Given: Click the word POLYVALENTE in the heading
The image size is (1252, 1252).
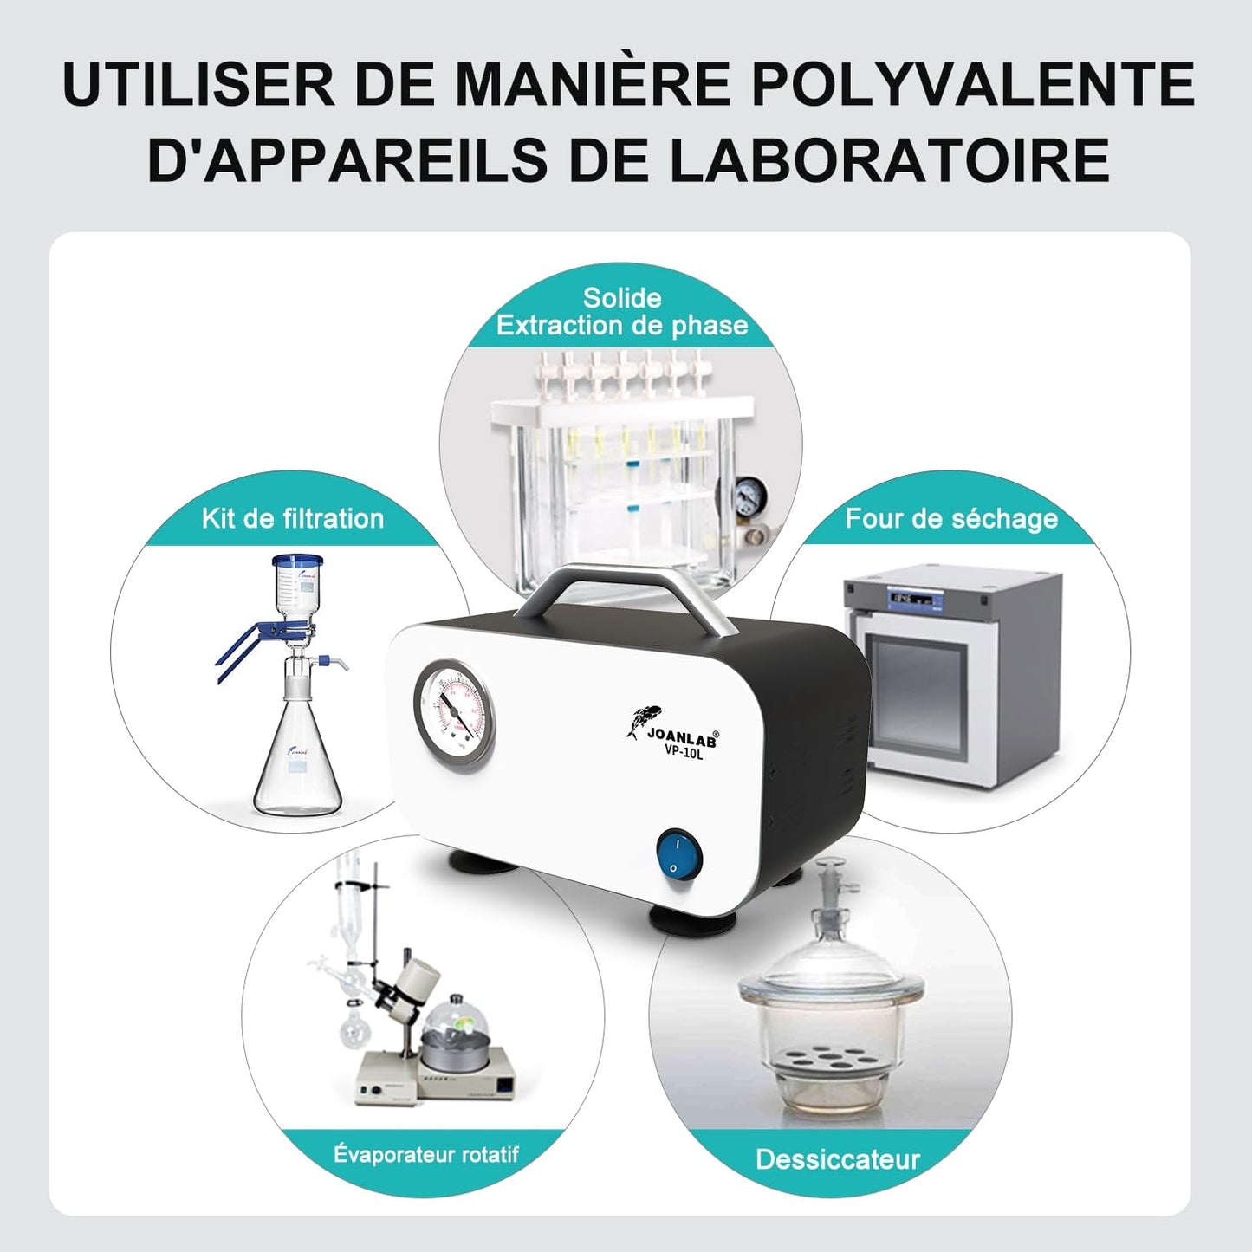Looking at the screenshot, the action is pyautogui.click(x=973, y=84).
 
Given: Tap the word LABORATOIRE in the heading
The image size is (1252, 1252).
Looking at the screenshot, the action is pyautogui.click(x=890, y=159).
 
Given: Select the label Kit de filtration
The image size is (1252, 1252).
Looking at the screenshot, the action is pyautogui.click(x=292, y=519).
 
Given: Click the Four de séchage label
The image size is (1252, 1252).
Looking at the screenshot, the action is pyautogui.click(x=951, y=519).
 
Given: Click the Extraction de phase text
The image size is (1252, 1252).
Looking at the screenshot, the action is pyautogui.click(x=622, y=326).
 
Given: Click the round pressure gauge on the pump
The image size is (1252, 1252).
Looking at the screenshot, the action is pyautogui.click(x=453, y=718).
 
